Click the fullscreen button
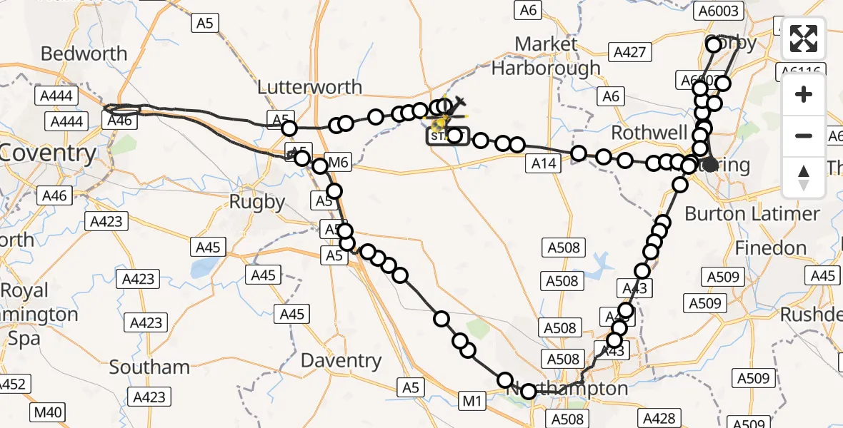tap(804, 39)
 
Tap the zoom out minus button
tap(804, 136)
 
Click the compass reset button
tap(804, 177)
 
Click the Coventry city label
tap(49, 153)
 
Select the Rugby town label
tap(257, 202)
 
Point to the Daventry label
tap(341, 360)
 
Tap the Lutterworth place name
tap(309, 87)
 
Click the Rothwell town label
tap(649, 133)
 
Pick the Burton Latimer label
tap(752, 213)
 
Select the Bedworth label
tap(84, 53)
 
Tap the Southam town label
tap(149, 367)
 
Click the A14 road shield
tap(544, 164)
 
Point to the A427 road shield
tap(629, 51)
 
